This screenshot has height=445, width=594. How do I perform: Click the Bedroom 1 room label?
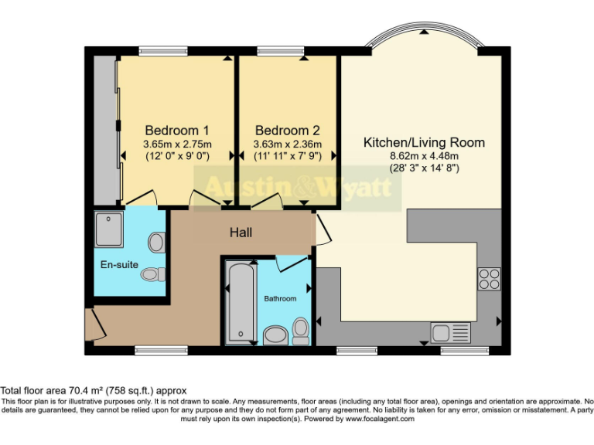coord(177,130)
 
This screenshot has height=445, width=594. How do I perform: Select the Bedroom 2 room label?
coord(287,130)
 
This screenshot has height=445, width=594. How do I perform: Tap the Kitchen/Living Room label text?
coord(425,142)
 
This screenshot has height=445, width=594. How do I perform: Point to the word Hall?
coord(241,232)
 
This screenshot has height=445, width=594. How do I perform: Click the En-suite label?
coord(119,265)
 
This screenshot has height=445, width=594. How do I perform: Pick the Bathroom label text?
coord(280,298)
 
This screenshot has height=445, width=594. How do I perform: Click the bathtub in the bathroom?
coord(241,302)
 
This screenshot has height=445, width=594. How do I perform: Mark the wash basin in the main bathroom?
coord(275,335)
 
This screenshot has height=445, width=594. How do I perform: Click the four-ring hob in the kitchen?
coord(489,278)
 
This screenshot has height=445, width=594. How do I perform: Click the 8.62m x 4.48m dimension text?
coord(425,156)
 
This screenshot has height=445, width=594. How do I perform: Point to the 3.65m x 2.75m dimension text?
coord(177,144)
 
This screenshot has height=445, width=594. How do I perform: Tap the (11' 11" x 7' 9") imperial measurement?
coord(287,156)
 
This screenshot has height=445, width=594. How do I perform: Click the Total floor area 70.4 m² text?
coord(94,391)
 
